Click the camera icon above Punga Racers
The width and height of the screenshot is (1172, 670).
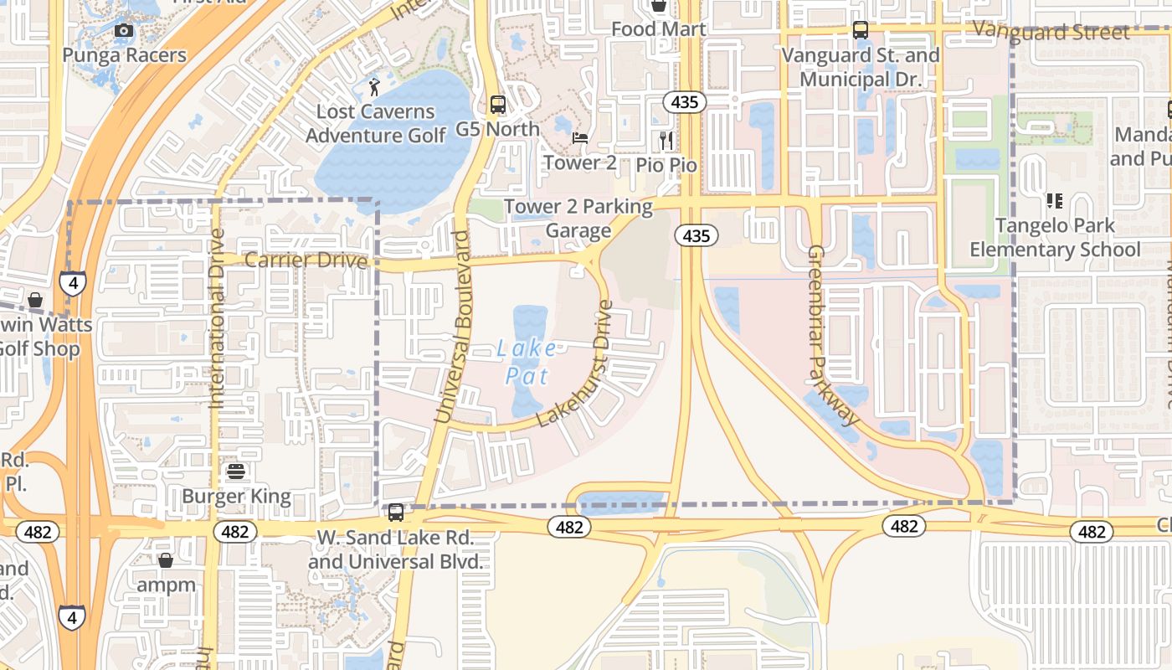click(x=124, y=31)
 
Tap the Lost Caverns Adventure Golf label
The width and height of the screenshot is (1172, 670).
click(x=376, y=123)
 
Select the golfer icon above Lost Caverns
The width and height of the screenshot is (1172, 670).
click(x=374, y=86)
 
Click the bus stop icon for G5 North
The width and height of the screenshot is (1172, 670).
click(x=498, y=105)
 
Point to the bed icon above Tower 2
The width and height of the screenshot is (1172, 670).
click(x=580, y=138)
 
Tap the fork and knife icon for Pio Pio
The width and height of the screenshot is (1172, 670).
click(x=666, y=140)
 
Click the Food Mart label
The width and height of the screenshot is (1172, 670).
click(x=658, y=29)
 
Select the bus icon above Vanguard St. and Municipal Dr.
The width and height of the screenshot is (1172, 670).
click(x=861, y=30)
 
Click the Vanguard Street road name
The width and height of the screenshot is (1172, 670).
click(x=1051, y=33)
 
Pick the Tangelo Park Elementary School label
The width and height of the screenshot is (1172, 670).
click(x=1055, y=237)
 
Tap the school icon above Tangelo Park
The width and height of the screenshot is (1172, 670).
click(x=1055, y=201)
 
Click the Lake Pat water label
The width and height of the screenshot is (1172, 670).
click(x=526, y=362)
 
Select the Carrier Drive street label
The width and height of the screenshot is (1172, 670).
click(x=306, y=260)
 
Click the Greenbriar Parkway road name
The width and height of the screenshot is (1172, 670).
click(x=832, y=335)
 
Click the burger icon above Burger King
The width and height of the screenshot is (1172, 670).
click(x=236, y=472)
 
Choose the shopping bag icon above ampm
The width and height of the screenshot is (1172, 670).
click(x=166, y=560)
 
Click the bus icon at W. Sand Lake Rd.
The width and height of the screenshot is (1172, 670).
click(x=396, y=512)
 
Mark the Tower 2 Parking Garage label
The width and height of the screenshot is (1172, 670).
click(x=578, y=218)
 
